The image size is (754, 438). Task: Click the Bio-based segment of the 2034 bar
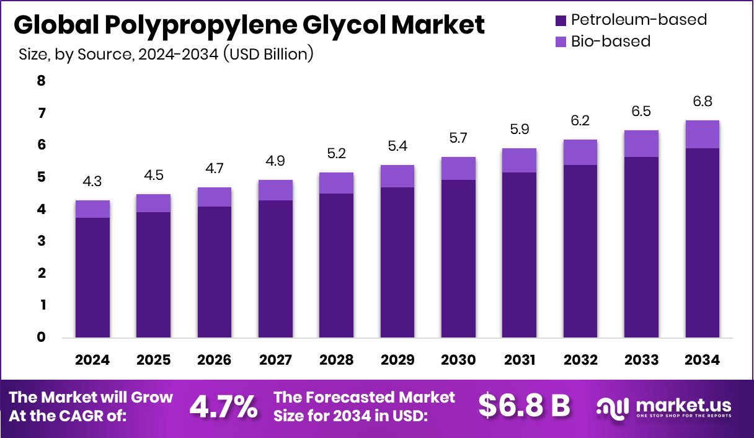point(703,134)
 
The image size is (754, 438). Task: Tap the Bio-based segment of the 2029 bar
point(397,176)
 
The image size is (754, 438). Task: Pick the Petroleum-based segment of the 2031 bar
point(519,254)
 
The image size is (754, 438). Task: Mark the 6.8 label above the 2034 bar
point(703,101)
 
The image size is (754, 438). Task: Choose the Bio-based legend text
point(610,42)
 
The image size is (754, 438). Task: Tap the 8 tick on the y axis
point(42,81)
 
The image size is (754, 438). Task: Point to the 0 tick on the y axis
point(42,337)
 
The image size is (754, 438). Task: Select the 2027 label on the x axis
point(275,360)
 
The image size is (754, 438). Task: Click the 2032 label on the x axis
point(580,360)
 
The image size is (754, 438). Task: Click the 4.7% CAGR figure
point(223,406)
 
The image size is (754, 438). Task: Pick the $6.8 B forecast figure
point(524,406)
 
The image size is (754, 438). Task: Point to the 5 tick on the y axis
point(42,177)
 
